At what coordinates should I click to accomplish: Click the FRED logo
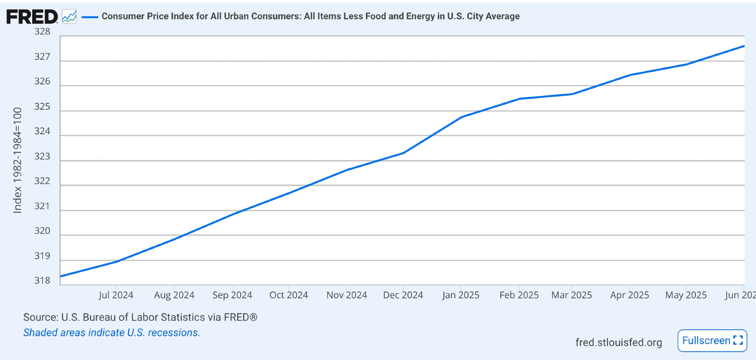[x=32, y=17]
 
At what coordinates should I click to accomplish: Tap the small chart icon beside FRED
[x=69, y=17]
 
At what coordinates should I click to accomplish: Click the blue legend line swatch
[x=90, y=17]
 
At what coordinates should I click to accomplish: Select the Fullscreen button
[x=712, y=341]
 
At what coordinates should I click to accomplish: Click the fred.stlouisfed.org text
[x=618, y=342]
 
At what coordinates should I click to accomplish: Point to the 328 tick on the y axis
[x=42, y=32]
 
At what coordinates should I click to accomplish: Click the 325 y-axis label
[x=42, y=107]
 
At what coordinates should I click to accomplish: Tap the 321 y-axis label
[x=42, y=206]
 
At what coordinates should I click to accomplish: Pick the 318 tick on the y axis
[x=42, y=281]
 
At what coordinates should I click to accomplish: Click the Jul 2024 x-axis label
[x=116, y=295]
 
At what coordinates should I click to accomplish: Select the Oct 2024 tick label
[x=289, y=295]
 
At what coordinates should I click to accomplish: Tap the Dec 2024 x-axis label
[x=403, y=295]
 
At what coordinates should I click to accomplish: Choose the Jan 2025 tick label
[x=461, y=295]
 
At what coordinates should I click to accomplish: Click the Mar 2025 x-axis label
[x=572, y=295]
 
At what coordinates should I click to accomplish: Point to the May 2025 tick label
[x=686, y=295]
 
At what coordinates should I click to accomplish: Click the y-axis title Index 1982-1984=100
[x=18, y=160]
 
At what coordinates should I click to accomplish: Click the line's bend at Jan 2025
[x=461, y=117]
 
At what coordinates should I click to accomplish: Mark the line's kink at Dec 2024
[x=404, y=153]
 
